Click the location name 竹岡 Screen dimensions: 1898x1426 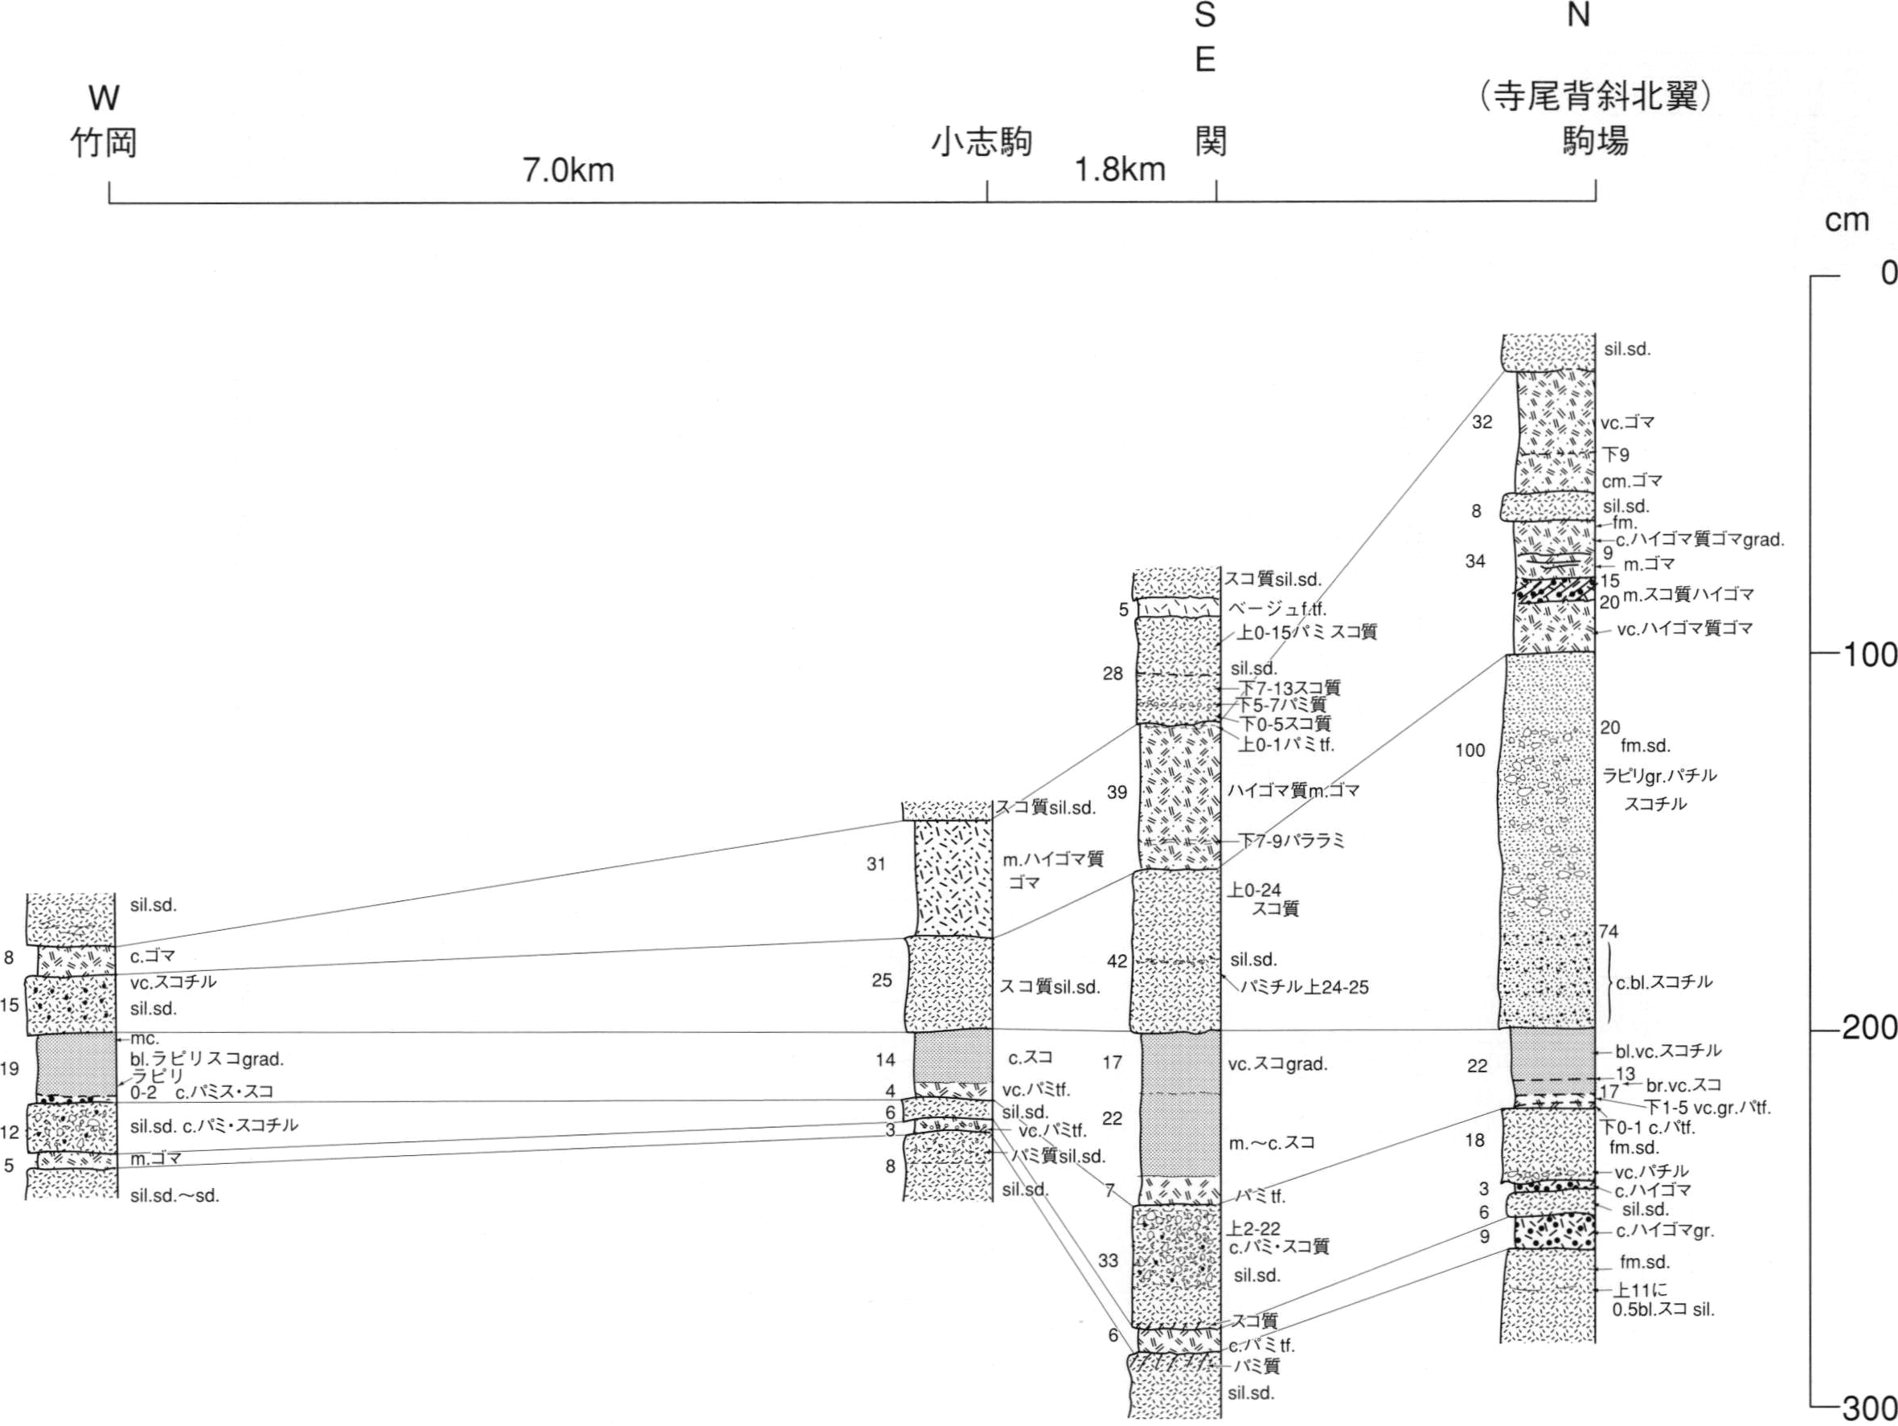click(x=104, y=142)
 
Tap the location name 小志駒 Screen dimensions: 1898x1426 click(x=982, y=142)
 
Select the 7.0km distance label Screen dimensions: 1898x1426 click(x=569, y=170)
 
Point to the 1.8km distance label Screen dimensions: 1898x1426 click(x=1121, y=170)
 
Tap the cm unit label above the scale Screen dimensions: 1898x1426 click(x=1847, y=221)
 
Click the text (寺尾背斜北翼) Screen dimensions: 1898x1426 click(x=1596, y=97)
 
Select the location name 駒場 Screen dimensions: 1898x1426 click(x=1595, y=141)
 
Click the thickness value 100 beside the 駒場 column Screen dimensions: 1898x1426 click(x=1470, y=751)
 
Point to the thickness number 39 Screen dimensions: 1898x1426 click(x=1117, y=792)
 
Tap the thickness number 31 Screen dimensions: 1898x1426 click(x=875, y=864)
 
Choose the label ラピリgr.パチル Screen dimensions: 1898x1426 click(x=1659, y=776)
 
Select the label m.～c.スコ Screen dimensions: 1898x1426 click(x=1272, y=1143)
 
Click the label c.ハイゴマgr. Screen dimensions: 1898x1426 click(x=1665, y=1231)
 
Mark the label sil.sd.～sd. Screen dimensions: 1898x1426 click(x=175, y=1195)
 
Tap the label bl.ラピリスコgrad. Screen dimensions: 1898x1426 click(x=207, y=1059)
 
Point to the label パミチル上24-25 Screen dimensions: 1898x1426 click(x=1305, y=988)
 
